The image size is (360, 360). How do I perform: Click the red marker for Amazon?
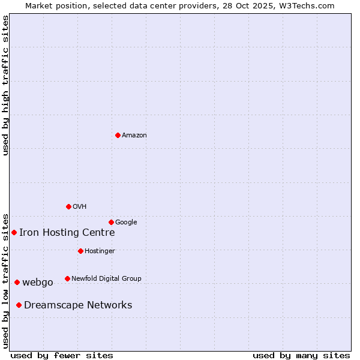point(118,135)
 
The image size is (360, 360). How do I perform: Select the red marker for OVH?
point(68,206)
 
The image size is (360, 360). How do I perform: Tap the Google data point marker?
point(111,222)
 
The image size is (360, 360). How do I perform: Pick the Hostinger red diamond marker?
point(80,251)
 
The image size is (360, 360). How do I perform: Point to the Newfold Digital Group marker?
point(67,278)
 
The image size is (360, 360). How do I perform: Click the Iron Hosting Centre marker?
point(14,232)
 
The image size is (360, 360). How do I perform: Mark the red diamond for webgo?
point(17,282)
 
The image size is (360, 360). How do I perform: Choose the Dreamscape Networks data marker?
point(19,305)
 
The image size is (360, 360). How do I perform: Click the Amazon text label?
point(134,135)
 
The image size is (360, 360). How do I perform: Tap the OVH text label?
point(80,206)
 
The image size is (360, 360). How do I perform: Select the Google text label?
point(126,222)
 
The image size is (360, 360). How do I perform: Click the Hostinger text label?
point(100,251)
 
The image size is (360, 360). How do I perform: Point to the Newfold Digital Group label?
point(106,278)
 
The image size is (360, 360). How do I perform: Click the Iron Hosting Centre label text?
point(67,233)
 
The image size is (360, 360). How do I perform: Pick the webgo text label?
point(38,283)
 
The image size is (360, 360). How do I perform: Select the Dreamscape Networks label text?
point(78,305)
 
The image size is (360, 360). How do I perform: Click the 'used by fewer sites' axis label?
point(62,355)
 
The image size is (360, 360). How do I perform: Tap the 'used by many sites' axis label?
point(301,355)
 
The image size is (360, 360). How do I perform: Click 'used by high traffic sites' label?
point(5,85)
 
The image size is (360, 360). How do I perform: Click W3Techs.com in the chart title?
point(308,5)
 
